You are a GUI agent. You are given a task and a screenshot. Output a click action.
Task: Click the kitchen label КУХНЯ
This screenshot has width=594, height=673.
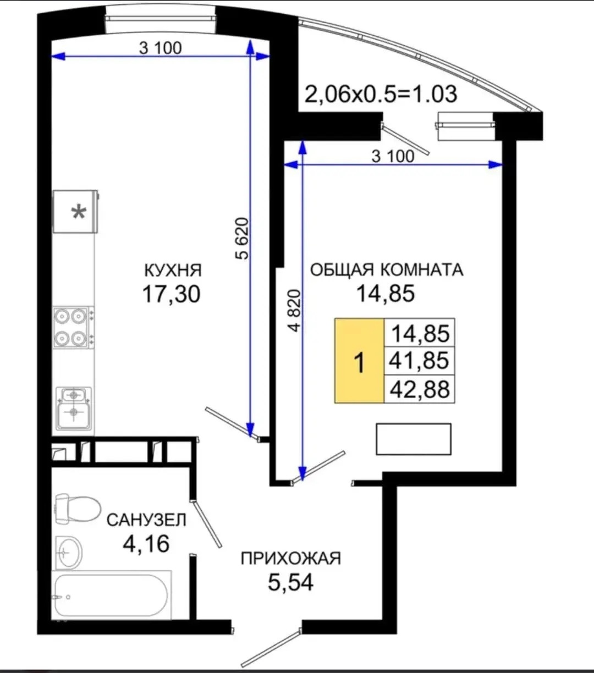(173, 271)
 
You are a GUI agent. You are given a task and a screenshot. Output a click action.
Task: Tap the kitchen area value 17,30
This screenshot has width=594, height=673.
(172, 294)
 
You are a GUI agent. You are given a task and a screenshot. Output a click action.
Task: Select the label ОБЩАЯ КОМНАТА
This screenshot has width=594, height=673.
(387, 270)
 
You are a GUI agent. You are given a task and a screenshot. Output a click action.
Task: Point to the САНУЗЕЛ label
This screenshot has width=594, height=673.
(147, 520)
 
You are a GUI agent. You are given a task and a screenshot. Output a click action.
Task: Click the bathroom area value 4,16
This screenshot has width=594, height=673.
(146, 544)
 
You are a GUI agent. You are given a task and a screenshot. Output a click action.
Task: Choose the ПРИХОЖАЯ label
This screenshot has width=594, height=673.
(291, 559)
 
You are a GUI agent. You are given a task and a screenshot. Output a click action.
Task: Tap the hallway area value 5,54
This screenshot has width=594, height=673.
(291, 582)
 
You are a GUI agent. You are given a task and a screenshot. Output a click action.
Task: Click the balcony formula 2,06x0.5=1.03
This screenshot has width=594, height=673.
(381, 94)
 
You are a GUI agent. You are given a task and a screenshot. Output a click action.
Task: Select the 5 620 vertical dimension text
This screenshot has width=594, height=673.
(242, 238)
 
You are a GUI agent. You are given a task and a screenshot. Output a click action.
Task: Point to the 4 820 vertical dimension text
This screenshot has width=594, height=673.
(294, 311)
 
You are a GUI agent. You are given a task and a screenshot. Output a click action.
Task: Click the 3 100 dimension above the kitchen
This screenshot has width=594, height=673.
(161, 48)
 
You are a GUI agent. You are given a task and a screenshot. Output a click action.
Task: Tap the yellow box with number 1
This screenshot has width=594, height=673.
(359, 361)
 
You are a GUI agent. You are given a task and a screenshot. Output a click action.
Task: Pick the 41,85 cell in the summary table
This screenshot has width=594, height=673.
(419, 361)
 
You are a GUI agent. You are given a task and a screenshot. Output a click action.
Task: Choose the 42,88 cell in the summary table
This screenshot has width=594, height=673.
(420, 389)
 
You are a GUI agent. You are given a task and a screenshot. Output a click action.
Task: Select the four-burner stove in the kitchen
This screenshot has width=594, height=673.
(73, 327)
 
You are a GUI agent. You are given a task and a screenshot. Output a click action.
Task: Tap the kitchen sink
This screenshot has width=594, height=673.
(74, 409)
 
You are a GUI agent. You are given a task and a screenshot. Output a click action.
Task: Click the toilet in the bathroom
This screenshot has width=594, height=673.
(78, 509)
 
